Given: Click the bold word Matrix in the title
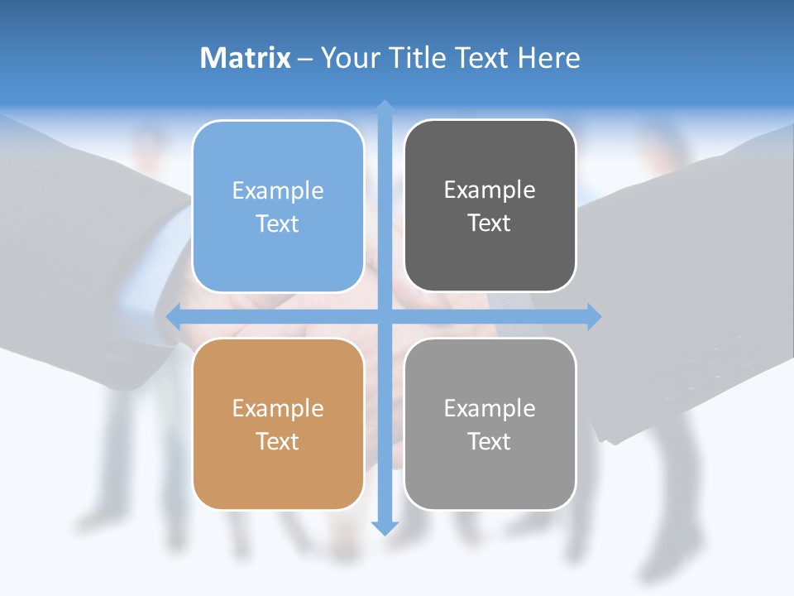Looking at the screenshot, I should point(246,58).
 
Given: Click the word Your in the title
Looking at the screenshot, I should point(351,58).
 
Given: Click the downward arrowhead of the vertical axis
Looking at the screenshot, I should point(385,527).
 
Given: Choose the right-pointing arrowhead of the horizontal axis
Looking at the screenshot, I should point(594,316).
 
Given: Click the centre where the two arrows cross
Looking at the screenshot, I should point(385,316).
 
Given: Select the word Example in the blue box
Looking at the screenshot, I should point(278,191).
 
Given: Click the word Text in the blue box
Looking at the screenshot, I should point(278,224).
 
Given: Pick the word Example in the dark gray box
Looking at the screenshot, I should point(490,190).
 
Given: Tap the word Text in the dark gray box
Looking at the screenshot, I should point(490,223).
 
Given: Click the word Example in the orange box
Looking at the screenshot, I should point(278,409).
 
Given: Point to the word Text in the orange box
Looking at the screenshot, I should point(278,442).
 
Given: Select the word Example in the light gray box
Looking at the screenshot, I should point(490,409).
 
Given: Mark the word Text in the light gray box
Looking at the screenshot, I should point(490,442).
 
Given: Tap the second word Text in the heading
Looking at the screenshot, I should point(483,58).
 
